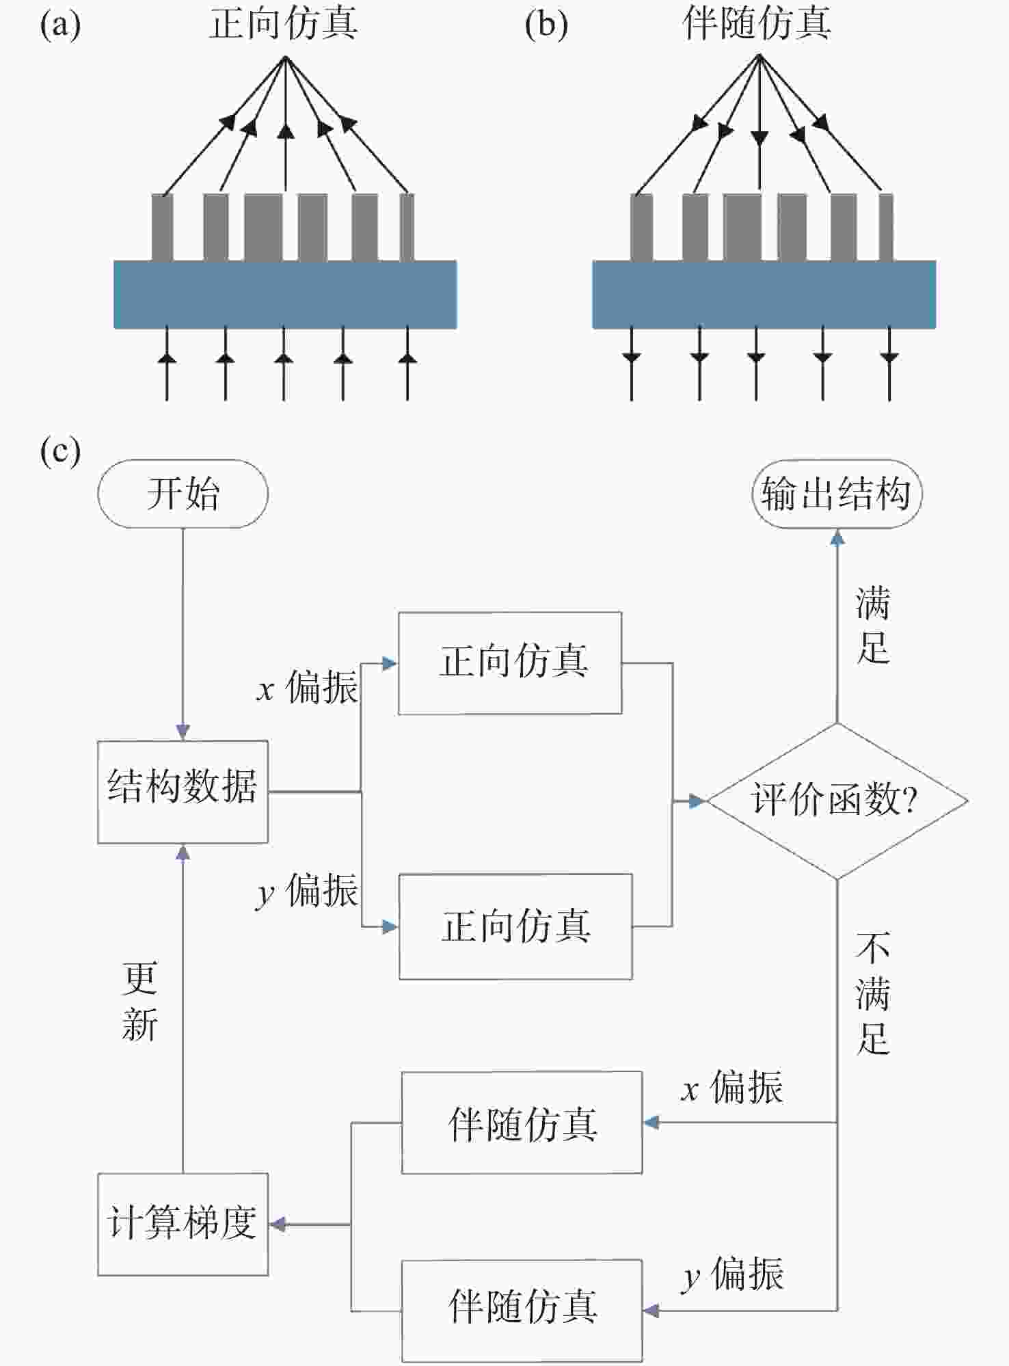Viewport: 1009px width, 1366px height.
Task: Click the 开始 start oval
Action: [183, 494]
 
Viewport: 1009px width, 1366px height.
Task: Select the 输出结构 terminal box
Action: [837, 494]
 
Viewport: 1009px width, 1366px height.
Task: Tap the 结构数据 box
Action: [183, 791]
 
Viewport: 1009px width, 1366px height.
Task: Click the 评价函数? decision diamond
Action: [837, 800]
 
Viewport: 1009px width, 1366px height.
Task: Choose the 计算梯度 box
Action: [183, 1224]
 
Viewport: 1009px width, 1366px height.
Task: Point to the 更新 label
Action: [139, 1002]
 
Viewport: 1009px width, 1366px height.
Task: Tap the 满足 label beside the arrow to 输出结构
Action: [873, 625]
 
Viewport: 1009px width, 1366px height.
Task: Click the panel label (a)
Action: [60, 26]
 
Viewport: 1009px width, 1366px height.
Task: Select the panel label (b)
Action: [546, 26]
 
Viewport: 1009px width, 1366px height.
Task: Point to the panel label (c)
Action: [60, 451]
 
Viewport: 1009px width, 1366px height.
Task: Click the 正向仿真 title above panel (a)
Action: [283, 23]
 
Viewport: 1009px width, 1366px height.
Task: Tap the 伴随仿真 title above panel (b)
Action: [757, 23]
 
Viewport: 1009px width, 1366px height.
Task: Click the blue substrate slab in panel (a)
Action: [285, 294]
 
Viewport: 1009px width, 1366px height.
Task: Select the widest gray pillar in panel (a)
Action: [263, 227]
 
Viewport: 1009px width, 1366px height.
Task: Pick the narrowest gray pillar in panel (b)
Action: [886, 227]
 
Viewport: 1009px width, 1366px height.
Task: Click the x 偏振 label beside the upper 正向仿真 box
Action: [307, 687]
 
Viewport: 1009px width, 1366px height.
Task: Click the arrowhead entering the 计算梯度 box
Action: [277, 1224]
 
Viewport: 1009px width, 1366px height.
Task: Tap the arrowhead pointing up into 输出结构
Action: [837, 537]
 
